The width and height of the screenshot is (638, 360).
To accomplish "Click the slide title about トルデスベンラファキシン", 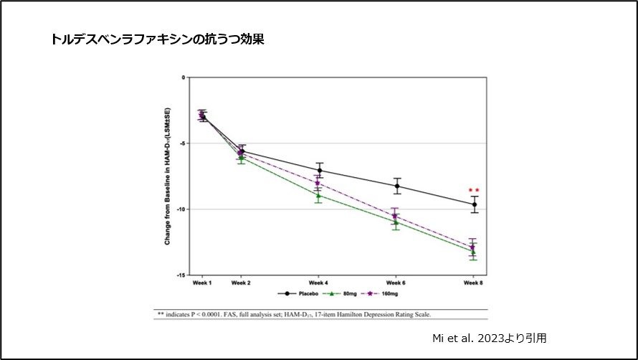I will click(158, 39).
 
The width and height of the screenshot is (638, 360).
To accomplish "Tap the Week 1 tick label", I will click(201, 283).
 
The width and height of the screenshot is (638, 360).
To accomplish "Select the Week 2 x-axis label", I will click(240, 283).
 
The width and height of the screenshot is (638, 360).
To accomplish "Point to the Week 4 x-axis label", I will click(318, 283).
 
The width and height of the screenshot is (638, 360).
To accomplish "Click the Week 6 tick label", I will click(396, 283).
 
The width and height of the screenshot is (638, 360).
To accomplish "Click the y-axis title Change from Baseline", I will click(168, 176).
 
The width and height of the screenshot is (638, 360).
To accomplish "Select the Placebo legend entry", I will click(300, 293).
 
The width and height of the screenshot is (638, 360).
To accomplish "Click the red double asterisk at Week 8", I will click(473, 191).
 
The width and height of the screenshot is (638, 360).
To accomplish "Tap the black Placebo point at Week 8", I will click(474, 204).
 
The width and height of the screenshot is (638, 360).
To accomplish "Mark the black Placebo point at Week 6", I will click(396, 186).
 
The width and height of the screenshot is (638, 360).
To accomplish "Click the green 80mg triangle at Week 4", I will click(318, 195).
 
